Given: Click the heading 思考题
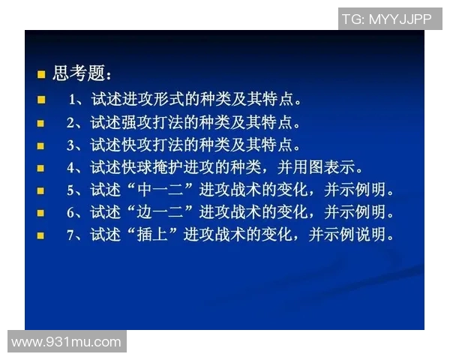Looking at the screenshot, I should [x=82, y=74].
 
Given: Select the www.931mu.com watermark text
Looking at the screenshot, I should [x=66, y=342].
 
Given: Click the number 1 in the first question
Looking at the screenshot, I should [x=72, y=99].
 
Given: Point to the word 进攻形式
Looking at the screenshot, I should [x=154, y=99].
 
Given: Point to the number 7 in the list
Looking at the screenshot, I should [x=70, y=235].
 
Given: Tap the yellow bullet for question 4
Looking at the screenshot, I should [x=41, y=167].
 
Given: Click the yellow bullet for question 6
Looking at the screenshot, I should [x=41, y=213].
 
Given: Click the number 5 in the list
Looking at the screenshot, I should [x=70, y=190].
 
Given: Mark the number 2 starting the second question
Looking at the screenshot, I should [x=70, y=121].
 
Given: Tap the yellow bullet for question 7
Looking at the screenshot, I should [x=41, y=235].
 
